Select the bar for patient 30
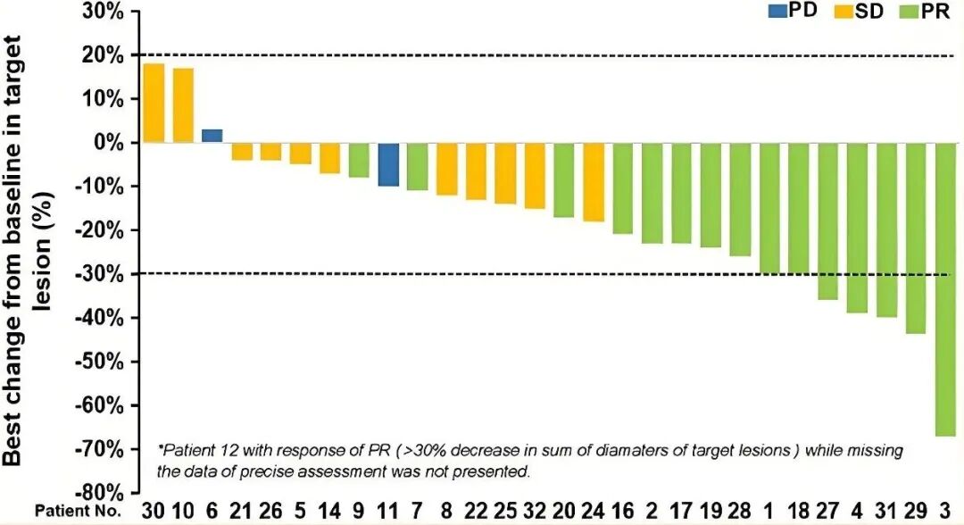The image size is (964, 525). coord(154,103)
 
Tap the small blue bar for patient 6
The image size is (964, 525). coord(212,136)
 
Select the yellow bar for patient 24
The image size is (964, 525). coord(593,182)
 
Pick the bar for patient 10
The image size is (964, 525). coord(183,105)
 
